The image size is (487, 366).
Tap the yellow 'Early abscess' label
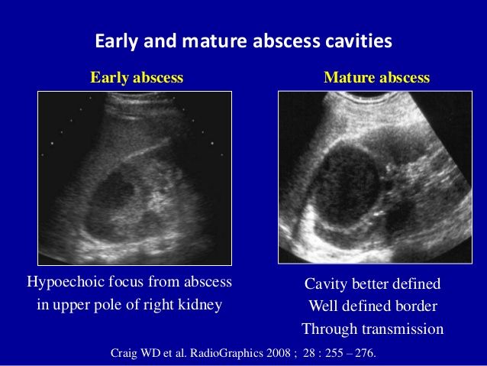[137, 78]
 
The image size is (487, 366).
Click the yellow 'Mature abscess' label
[376, 78]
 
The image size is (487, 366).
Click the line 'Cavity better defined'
[373, 284]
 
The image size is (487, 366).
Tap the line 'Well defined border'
[373, 306]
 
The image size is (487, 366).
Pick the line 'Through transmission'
[373, 329]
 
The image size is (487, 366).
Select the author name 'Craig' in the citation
[126, 354]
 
